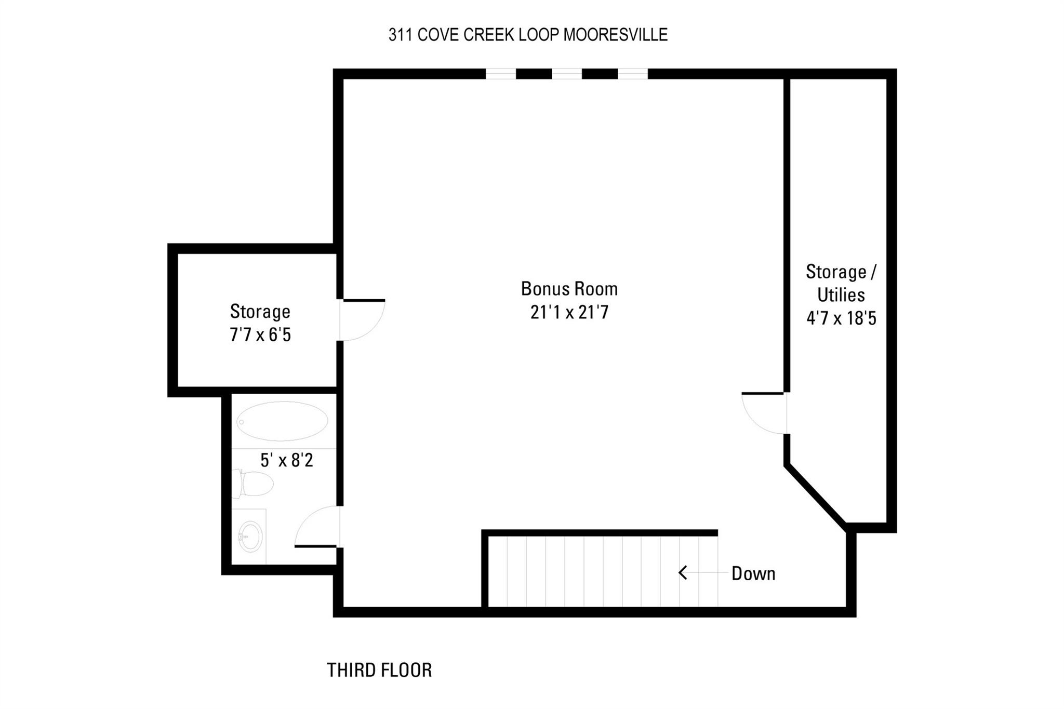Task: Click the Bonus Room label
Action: (569, 288)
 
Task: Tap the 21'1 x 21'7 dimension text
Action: (569, 312)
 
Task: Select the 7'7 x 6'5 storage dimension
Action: (260, 335)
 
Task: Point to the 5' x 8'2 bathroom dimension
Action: (287, 460)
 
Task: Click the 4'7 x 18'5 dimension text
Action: (841, 318)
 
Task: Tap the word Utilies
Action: (841, 295)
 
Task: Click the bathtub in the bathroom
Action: (282, 421)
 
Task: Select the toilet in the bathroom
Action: (253, 484)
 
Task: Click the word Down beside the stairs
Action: (753, 573)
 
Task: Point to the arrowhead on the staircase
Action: (683, 573)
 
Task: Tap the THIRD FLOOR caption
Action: (379, 670)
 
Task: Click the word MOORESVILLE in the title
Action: (616, 35)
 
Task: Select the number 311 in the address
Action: (401, 35)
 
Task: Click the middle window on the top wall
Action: (567, 74)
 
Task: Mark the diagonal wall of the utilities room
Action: (816, 496)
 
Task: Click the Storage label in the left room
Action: (260, 312)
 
